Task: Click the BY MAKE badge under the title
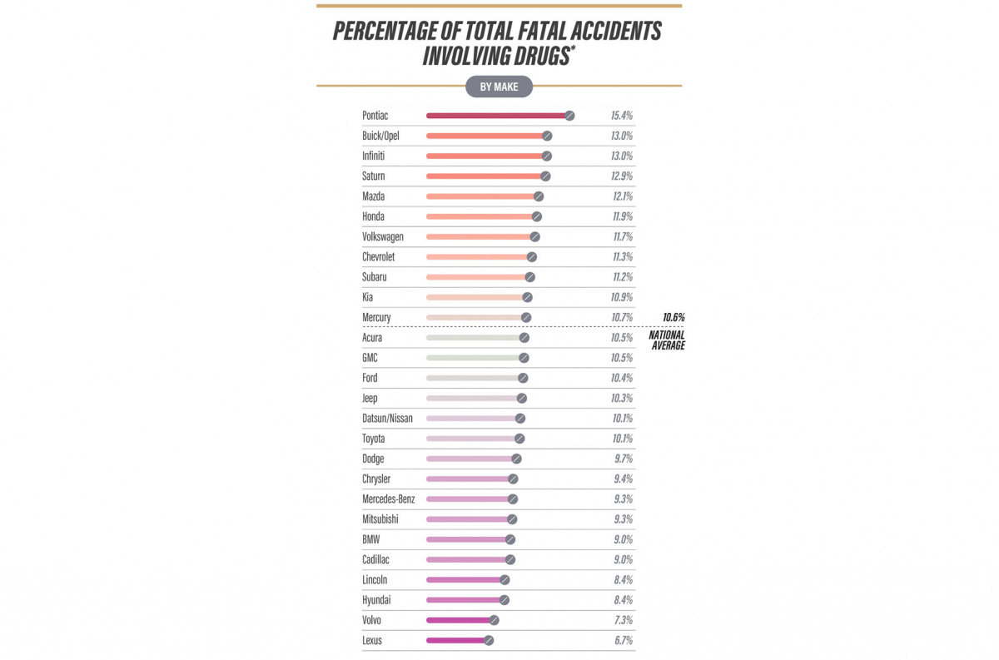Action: [x=499, y=86]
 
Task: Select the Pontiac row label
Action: [x=375, y=116]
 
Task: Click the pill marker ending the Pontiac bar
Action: [x=569, y=116]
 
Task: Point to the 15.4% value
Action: [x=622, y=116]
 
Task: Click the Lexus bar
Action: [x=456, y=640]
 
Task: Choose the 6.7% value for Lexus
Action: [x=622, y=640]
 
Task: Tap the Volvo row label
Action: [x=373, y=620]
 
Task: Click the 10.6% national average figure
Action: [x=673, y=317]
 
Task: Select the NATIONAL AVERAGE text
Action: [x=667, y=340]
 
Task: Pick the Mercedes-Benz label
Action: [x=389, y=499]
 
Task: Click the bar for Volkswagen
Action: [x=480, y=236]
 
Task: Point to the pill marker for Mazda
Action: [x=539, y=196]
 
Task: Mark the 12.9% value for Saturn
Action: [x=622, y=176]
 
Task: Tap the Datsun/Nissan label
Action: [x=388, y=419]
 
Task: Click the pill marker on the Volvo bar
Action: [x=494, y=620]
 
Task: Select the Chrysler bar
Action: [x=468, y=479]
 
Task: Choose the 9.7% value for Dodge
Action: [x=622, y=459]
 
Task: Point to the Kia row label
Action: [x=368, y=297]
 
